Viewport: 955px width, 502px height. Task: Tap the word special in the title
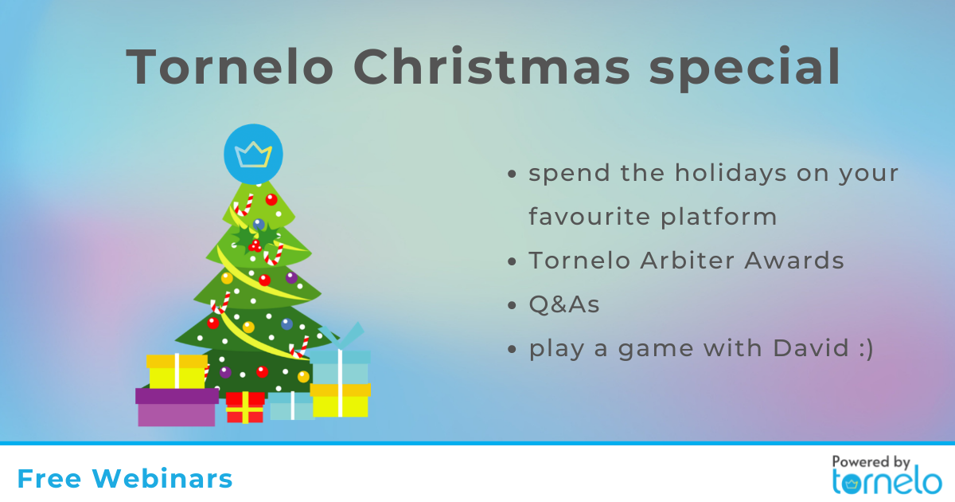(745, 69)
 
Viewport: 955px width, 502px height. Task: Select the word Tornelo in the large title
(229, 66)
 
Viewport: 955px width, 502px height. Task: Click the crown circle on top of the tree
(253, 154)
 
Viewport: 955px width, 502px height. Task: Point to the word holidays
(731, 173)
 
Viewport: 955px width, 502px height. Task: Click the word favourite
(590, 216)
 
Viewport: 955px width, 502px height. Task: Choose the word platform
(719, 217)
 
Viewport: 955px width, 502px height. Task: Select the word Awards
(794, 260)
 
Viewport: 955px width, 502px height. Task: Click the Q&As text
(564, 304)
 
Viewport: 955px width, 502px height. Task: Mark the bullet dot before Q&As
(512, 305)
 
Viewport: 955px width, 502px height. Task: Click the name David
(811, 348)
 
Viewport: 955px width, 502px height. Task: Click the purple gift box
(177, 407)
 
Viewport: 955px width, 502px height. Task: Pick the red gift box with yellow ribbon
(245, 407)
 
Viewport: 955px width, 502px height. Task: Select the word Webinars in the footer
(162, 478)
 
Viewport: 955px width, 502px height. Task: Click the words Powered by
(871, 462)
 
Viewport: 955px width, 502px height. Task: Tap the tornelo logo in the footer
(887, 482)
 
